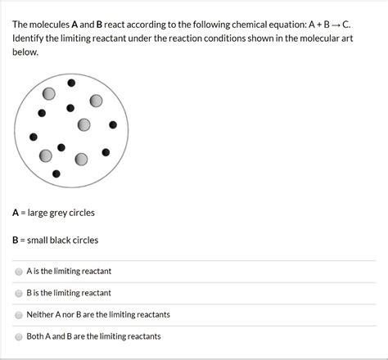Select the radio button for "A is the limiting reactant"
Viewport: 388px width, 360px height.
tap(19, 271)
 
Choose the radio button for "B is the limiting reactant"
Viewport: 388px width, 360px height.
tap(19, 292)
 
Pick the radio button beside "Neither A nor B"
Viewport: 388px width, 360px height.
tap(19, 314)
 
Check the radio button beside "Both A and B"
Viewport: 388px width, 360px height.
tap(19, 336)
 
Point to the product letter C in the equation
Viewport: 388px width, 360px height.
tap(346, 25)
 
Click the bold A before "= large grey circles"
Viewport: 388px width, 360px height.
tap(16, 213)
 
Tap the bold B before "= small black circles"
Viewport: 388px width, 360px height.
tap(16, 241)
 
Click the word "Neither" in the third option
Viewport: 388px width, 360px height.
tap(42, 314)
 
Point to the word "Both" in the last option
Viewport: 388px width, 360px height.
tap(36, 336)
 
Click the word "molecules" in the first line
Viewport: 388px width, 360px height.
tap(56, 25)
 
